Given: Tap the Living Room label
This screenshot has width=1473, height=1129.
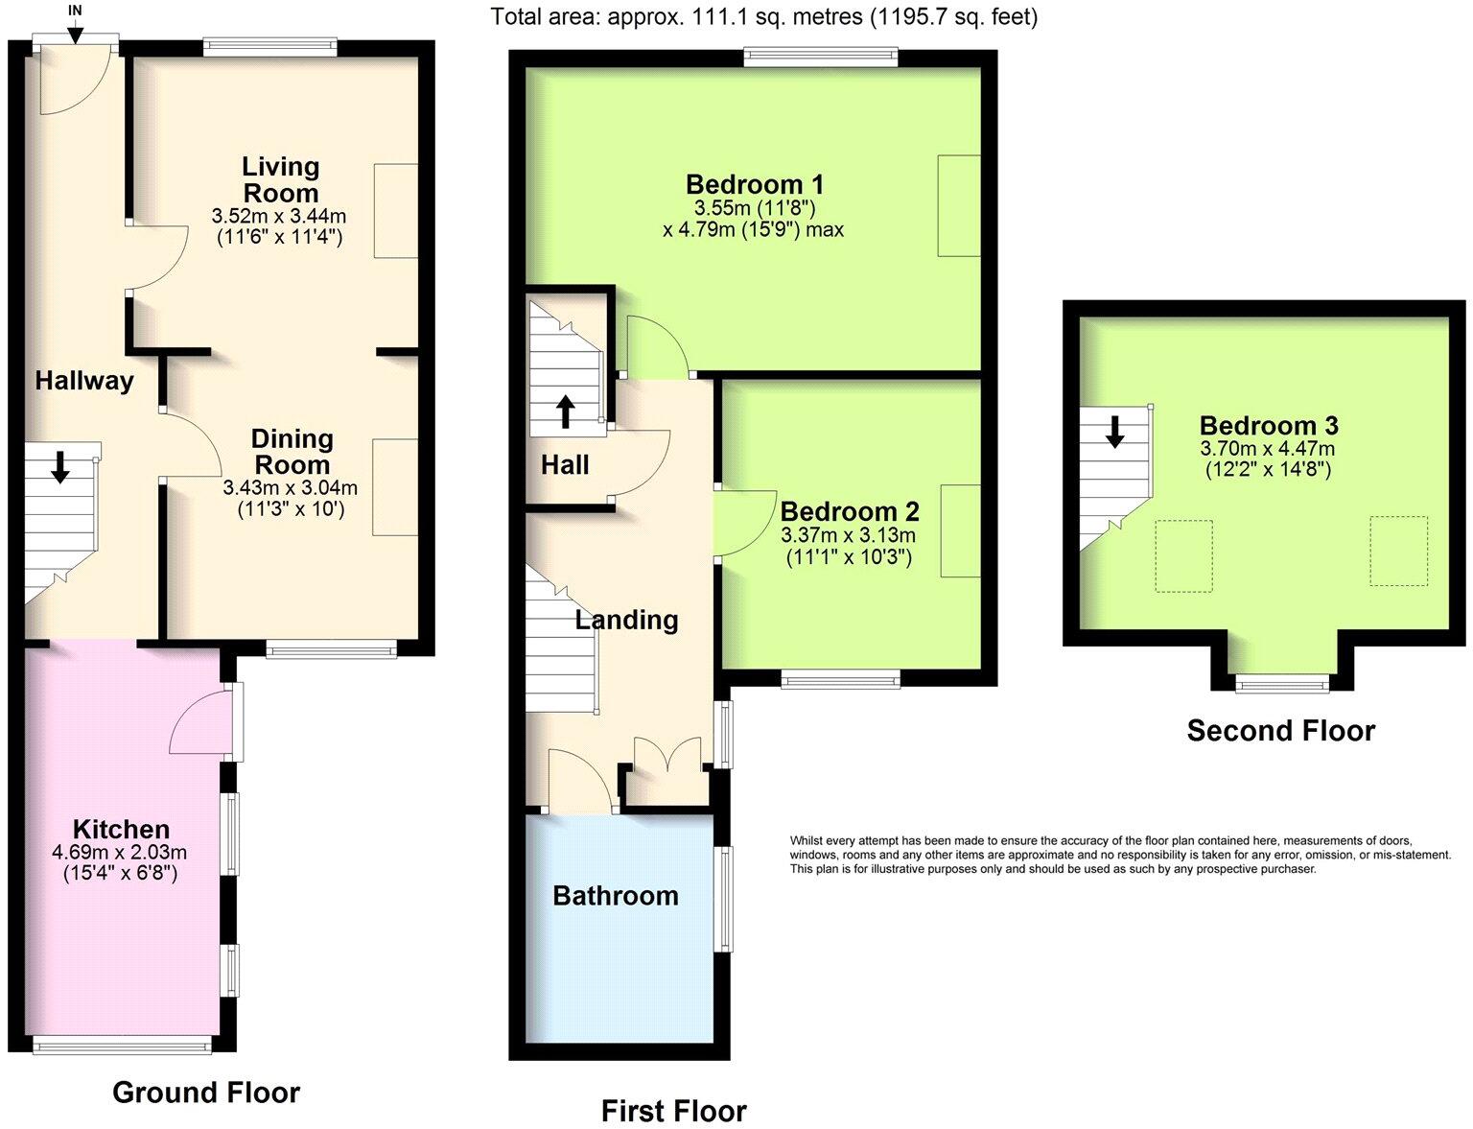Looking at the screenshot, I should tap(280, 179).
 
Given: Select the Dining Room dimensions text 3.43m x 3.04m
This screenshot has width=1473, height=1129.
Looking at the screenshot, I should tap(290, 488).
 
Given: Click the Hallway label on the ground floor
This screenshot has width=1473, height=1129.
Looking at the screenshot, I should tap(84, 381).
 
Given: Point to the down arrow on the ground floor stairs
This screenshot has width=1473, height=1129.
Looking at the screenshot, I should tap(59, 466).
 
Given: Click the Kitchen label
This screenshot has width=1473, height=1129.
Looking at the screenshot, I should tap(121, 830).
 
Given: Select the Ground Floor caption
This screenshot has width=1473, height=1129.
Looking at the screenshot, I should tap(206, 1093).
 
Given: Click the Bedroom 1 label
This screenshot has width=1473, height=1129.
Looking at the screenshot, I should tap(755, 184).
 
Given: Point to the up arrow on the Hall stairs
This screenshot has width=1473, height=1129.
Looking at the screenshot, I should tap(565, 411).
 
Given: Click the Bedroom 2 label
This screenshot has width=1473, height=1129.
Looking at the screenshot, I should tap(850, 511).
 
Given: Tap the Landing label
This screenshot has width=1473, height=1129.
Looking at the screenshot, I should tap(626, 620).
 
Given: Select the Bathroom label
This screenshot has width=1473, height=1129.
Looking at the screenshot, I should tap(616, 896).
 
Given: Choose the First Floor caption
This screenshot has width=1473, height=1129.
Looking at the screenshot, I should tap(673, 1112).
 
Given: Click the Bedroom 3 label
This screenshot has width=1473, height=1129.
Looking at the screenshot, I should tap(1269, 425).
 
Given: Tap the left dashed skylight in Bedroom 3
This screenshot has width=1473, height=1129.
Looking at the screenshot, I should tap(1183, 556).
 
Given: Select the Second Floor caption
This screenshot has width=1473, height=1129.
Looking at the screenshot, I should tap(1280, 731).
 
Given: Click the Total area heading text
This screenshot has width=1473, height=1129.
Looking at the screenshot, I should tap(763, 16).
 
